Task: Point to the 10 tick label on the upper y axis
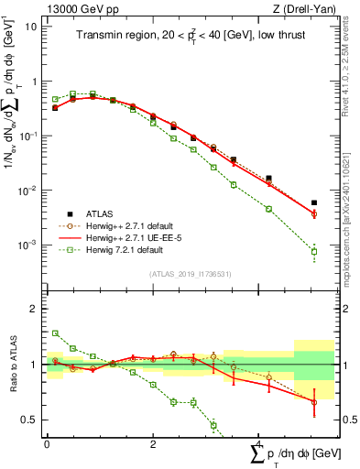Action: coord(29,27)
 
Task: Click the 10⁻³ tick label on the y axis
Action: coord(27,245)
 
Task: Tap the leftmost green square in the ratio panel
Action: coord(55,333)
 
